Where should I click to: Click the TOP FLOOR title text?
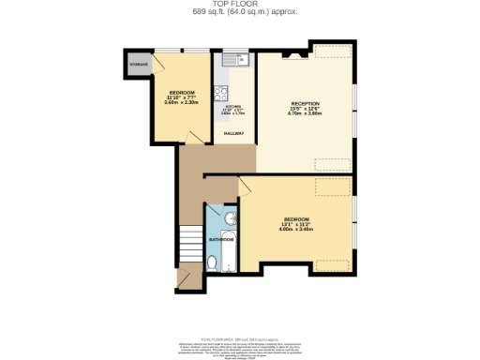tap(239, 5)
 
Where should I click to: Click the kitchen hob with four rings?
tap(223, 92)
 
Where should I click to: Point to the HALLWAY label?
tap(232, 133)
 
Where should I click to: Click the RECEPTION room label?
tap(305, 103)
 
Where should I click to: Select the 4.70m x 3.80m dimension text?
tap(305, 114)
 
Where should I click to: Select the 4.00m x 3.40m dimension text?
tap(296, 229)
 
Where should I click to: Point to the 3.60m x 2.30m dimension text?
tap(182, 102)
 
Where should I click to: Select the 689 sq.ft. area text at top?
tap(239, 13)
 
